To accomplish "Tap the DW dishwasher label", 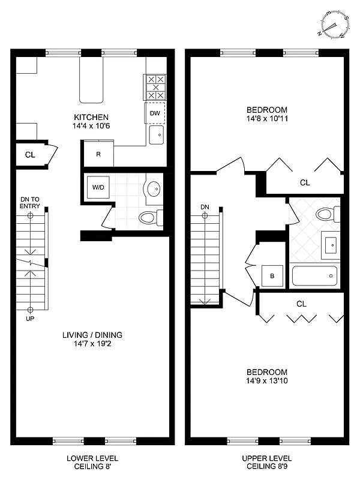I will (155, 113).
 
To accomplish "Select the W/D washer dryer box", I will (98, 187).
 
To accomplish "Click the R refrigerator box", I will (98, 154).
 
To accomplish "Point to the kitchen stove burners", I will (155, 88).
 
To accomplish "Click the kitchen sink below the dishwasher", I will (156, 135).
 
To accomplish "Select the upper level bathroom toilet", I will (328, 214).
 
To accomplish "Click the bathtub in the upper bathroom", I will (314, 277).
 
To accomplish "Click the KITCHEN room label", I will (91, 117).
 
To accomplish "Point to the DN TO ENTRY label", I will (29, 202).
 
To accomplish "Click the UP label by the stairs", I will (30, 319).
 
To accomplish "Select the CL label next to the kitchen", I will (29, 155).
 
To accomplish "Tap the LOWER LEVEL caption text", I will (91, 458).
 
